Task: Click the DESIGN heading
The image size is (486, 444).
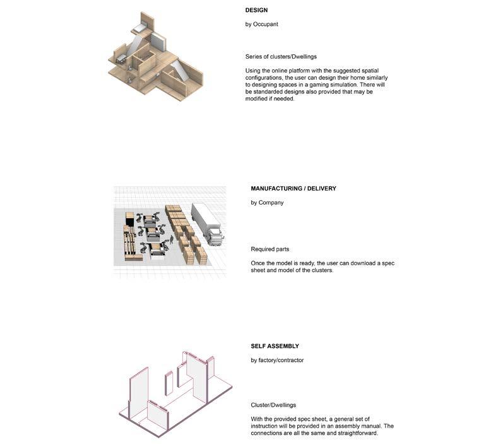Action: coord(256,10)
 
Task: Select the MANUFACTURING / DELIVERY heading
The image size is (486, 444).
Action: coord(293,188)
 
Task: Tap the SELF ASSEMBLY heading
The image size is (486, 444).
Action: coord(275,346)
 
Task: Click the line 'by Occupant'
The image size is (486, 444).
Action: coord(261,24)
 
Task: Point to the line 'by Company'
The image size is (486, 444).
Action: coord(267,203)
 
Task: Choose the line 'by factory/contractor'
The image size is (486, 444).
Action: coord(277,360)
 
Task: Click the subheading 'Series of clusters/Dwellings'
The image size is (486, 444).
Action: coord(281,57)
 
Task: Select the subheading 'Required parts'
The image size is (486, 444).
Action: coord(270,249)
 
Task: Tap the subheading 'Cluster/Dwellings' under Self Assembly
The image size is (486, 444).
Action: coord(273,405)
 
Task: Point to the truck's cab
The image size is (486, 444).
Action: coord(214,234)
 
